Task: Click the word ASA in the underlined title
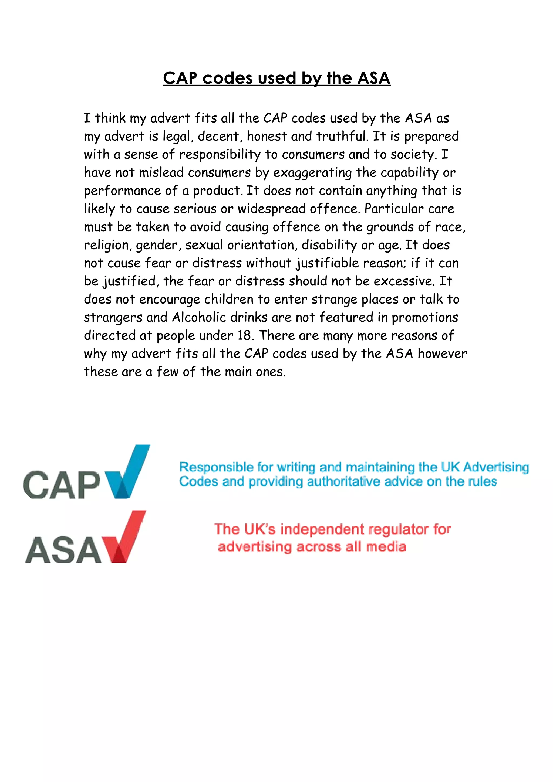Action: coord(373,78)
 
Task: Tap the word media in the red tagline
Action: coord(386,547)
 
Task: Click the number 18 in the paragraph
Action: coord(244,335)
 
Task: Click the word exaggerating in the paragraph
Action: coord(312,173)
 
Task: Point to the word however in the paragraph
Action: coord(442,353)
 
